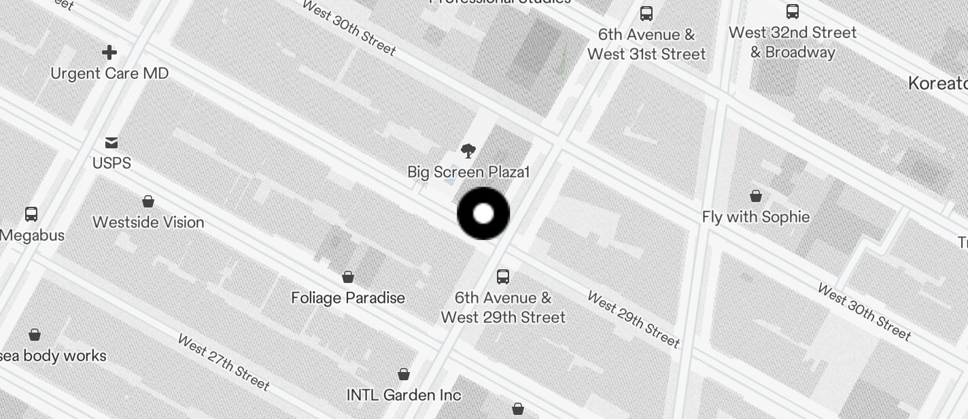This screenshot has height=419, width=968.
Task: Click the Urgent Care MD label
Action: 109,73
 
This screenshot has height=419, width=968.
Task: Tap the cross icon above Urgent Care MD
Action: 109,52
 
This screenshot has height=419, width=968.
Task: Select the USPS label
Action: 111,163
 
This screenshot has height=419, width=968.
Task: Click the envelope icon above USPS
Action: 111,143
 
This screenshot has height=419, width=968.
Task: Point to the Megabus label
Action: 33,235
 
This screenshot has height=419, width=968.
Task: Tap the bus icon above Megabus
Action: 31,214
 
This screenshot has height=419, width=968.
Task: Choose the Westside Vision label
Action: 148,222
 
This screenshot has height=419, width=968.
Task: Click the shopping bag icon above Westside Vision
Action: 148,201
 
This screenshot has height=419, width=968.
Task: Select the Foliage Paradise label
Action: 348,298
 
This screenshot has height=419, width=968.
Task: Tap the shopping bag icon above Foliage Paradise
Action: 348,277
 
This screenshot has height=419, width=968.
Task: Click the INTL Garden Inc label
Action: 404,395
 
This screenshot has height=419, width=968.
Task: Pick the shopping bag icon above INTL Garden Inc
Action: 404,374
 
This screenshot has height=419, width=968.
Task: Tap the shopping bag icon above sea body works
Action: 35,335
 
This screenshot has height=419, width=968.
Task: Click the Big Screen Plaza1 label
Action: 468,172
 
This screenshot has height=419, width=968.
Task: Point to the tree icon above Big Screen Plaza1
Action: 468,151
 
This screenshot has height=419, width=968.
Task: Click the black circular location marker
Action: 483,214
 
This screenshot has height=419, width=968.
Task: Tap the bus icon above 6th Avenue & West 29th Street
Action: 503,277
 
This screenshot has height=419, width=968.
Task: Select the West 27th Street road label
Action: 223,362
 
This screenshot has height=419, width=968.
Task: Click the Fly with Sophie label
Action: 756,217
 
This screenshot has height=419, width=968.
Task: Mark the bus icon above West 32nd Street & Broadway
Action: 793,12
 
